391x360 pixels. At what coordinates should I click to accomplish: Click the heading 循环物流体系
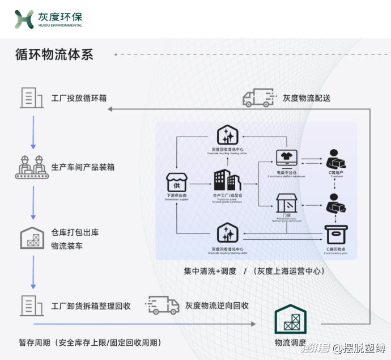(54, 55)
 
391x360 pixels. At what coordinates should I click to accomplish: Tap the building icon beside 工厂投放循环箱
(32, 98)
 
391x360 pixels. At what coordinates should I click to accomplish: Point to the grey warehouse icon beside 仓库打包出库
(32, 238)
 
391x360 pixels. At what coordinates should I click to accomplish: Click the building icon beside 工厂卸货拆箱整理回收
(32, 305)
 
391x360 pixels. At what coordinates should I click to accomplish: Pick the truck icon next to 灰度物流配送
(258, 98)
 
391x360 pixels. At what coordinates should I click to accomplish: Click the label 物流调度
(291, 343)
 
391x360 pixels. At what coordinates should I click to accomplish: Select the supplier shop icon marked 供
(176, 183)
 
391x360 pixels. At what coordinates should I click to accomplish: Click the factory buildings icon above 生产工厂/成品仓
(227, 181)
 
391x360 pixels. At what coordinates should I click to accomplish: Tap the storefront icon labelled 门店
(286, 203)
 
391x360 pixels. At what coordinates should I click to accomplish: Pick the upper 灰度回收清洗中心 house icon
(228, 135)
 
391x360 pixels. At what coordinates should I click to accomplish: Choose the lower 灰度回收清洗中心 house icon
(228, 233)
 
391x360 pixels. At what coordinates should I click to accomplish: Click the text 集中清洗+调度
(209, 271)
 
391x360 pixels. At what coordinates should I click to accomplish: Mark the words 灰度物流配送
(307, 98)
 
